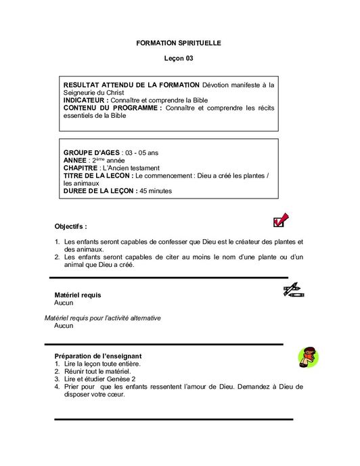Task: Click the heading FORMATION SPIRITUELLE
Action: [179, 43]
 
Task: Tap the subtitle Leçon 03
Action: [179, 59]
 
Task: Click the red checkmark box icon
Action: [279, 220]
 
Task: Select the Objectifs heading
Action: [70, 226]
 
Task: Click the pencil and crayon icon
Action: [293, 291]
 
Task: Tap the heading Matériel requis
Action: [78, 295]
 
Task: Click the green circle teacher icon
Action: [308, 356]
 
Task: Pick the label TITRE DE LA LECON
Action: [97, 175]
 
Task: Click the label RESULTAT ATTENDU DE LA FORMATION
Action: [131, 85]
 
